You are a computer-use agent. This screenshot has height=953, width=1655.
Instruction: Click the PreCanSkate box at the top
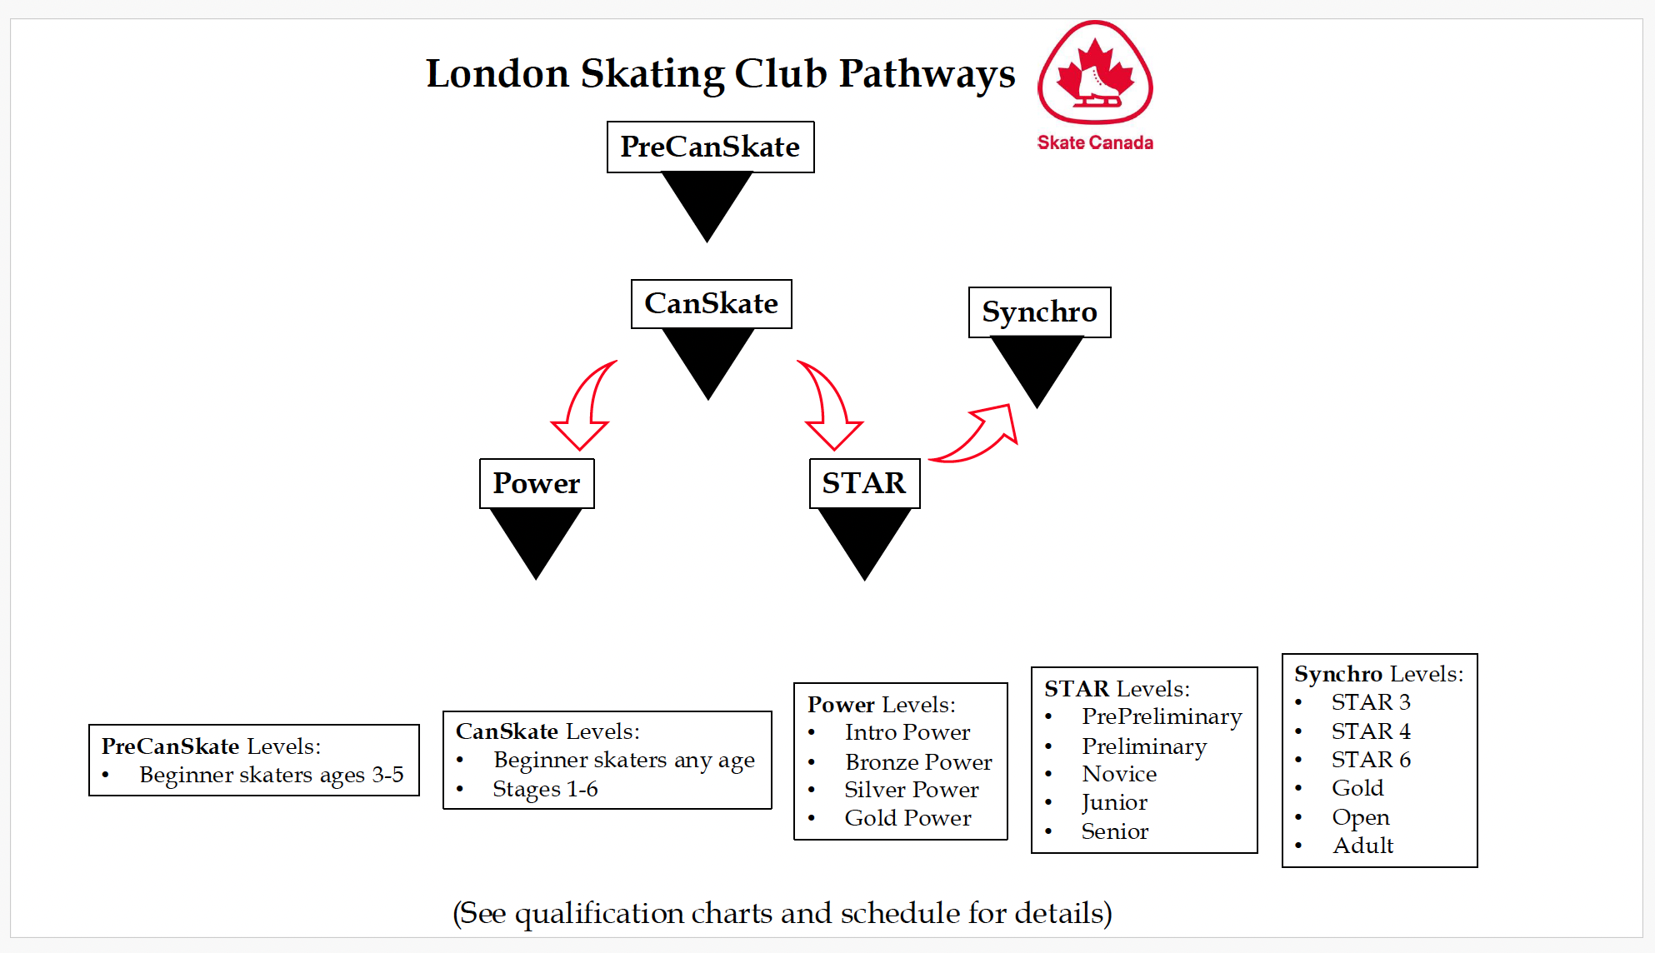click(x=710, y=147)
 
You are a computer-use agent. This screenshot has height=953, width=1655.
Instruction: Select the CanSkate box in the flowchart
click(x=711, y=304)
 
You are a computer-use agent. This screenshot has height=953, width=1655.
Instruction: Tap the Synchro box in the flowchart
click(x=1039, y=312)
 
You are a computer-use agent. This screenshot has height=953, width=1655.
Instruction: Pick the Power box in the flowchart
click(x=537, y=483)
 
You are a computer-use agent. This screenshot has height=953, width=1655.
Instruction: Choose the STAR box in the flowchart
click(x=864, y=483)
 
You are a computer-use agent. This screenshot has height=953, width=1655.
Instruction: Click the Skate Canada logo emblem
click(x=1095, y=73)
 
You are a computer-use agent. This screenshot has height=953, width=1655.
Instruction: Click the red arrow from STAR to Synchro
click(x=979, y=433)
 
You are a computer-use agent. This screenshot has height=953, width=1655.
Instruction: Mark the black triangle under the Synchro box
click(x=1037, y=367)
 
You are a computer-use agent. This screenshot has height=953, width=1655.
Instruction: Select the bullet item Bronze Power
click(x=918, y=762)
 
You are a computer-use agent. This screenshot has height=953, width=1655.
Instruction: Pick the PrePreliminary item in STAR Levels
click(x=1162, y=716)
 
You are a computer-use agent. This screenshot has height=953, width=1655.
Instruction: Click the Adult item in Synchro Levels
click(x=1362, y=846)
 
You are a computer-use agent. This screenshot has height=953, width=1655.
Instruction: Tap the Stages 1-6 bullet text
click(x=545, y=789)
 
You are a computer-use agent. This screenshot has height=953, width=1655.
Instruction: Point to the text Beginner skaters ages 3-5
click(x=271, y=775)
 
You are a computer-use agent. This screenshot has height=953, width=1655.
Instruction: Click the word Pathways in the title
click(x=927, y=73)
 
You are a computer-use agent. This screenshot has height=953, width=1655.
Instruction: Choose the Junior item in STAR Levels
click(x=1114, y=802)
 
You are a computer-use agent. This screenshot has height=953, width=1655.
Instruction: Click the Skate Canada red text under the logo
click(x=1095, y=142)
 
